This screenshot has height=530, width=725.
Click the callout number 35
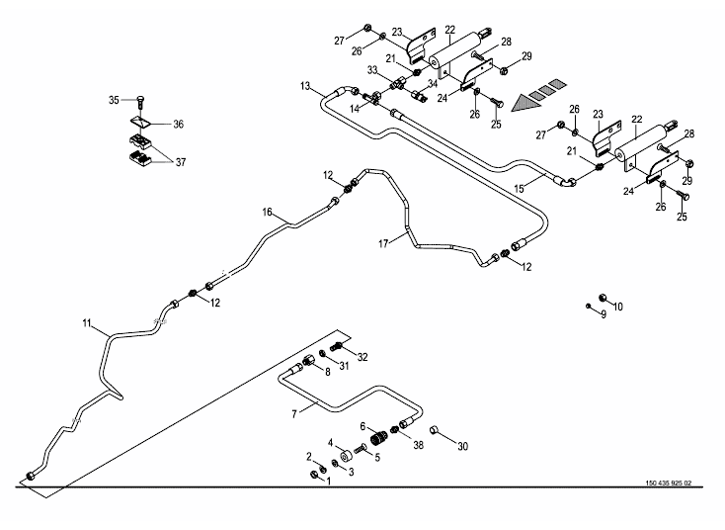[114, 100]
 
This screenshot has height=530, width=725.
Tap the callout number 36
[179, 124]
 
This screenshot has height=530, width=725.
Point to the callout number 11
[87, 322]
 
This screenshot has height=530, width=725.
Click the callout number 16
[267, 213]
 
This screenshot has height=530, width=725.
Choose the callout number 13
[305, 87]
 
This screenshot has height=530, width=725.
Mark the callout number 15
[521, 186]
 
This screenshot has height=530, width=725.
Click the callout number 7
[293, 412]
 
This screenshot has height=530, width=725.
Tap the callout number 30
[464, 446]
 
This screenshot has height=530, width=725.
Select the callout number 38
[419, 446]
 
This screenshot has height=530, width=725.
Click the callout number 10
[618, 307]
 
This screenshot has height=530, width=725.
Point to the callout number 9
[590, 314]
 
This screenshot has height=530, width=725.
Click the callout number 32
[362, 356]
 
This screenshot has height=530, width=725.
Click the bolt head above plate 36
[141, 99]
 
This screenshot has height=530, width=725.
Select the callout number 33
[372, 70]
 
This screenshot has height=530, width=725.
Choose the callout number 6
[362, 427]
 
